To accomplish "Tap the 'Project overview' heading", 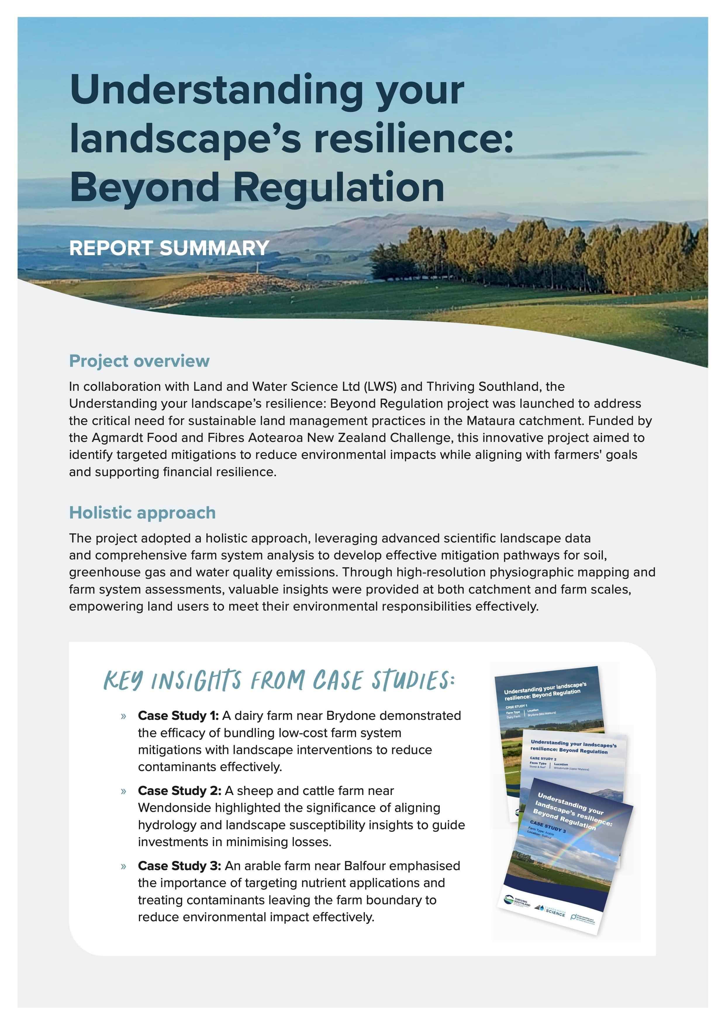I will pos(139,361).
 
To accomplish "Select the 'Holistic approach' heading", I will pos(142,513).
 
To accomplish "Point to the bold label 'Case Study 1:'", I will pos(178,715).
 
